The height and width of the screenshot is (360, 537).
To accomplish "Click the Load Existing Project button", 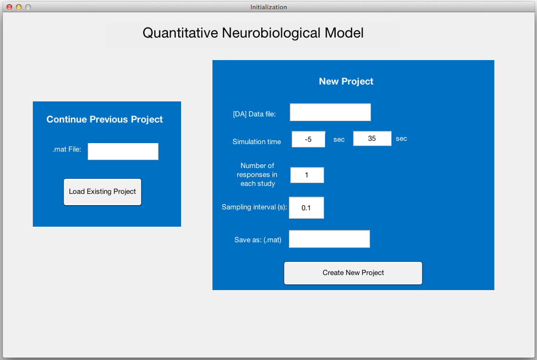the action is pos(103,192).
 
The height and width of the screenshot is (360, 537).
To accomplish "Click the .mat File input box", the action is pos(123,151).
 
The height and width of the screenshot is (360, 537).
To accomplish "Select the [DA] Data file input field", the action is pos(330,112).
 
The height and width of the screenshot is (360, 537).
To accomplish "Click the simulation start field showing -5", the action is pos(308,139).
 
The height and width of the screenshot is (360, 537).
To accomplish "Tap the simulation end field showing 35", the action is pos(372,139).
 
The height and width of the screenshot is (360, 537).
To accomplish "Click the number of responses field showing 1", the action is pos(307,175).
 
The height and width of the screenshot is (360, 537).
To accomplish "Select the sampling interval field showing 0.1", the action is pos(306,208).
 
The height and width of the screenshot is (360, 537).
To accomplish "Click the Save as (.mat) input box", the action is pos(330,239).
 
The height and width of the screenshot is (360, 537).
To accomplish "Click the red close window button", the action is pos(9,7).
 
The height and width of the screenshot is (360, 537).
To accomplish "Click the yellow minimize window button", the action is pos(19,7).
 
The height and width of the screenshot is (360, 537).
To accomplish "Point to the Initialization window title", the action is pos(268,7).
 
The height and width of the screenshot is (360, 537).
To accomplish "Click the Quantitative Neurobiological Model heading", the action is pos(253,33).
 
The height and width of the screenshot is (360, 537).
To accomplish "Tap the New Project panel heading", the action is pos(346,81).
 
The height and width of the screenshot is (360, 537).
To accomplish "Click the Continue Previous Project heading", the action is pos(104,119).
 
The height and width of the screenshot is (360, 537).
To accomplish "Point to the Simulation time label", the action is pos(256,142).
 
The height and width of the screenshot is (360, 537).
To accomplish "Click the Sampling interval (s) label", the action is pos(254,207).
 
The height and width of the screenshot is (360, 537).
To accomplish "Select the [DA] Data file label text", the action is pos(254,114).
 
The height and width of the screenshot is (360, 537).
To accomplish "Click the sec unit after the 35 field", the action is pos(401,139).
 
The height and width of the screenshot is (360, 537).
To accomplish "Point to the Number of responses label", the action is pos(257,175).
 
